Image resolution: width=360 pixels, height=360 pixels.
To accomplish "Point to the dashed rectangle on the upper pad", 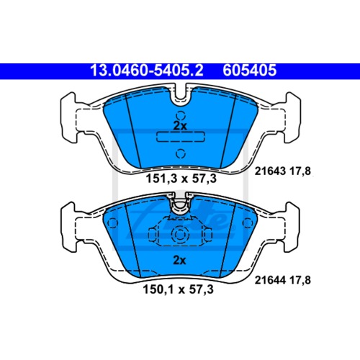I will tap(180, 137).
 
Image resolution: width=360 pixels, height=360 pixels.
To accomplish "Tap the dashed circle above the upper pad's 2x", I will tap(180, 114).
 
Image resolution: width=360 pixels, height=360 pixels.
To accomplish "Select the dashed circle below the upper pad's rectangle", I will tap(180, 153).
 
